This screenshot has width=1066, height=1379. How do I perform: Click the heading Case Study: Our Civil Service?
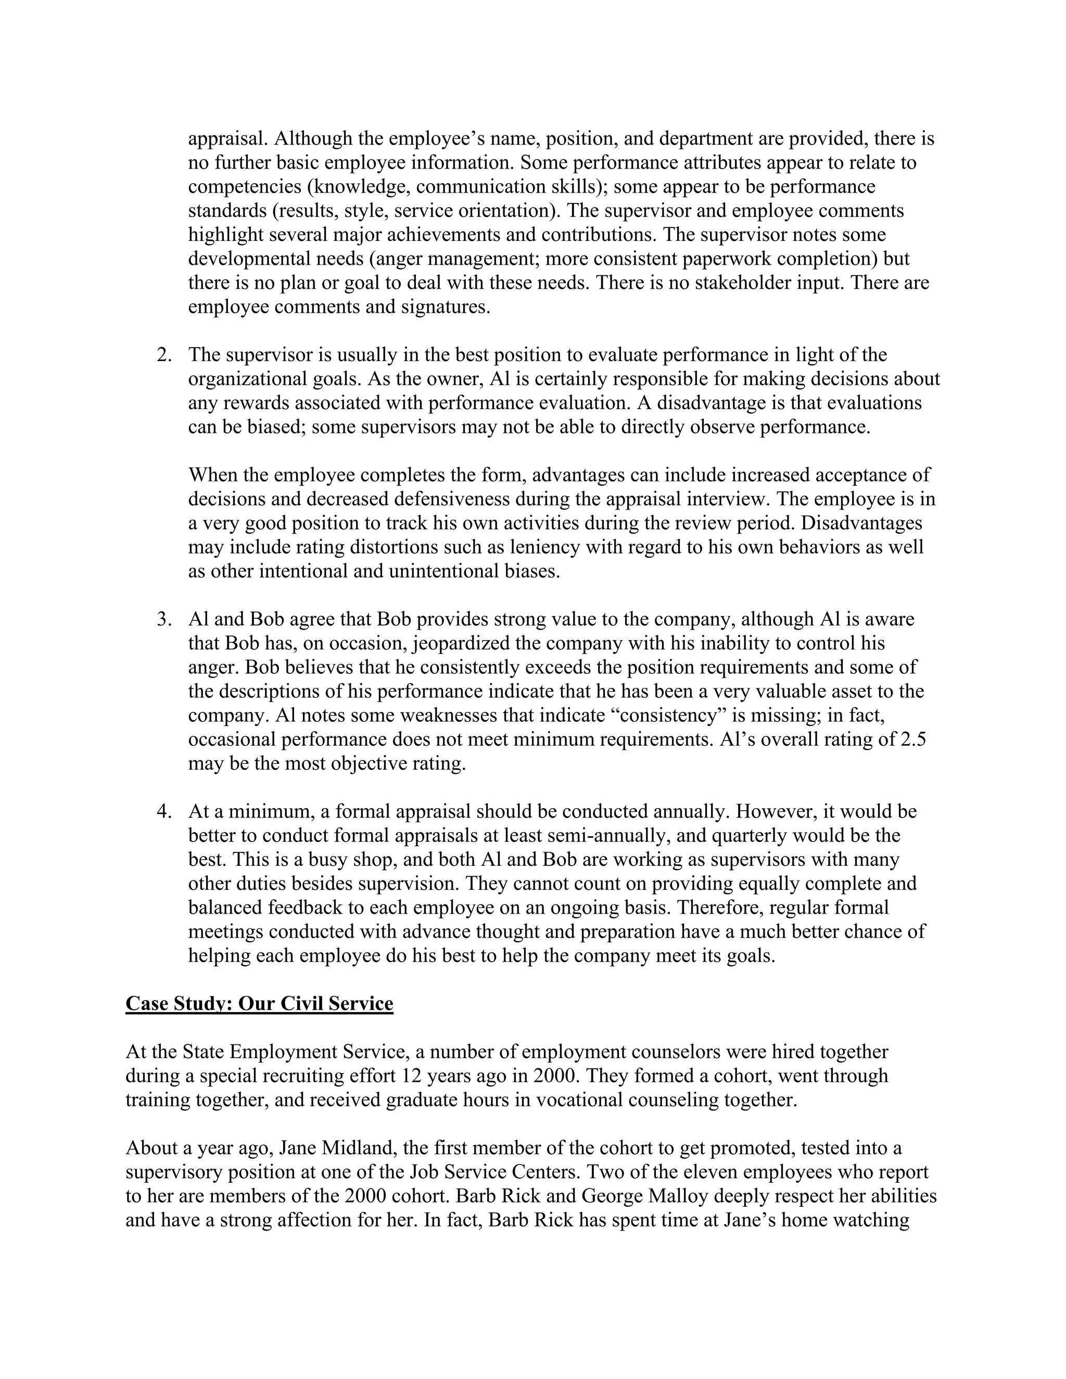click(x=259, y=1004)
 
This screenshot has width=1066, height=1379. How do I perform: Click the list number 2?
click(x=163, y=355)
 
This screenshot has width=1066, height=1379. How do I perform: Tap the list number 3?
click(x=163, y=619)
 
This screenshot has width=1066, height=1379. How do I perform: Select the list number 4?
click(x=163, y=811)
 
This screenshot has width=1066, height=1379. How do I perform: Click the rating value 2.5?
click(x=912, y=739)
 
